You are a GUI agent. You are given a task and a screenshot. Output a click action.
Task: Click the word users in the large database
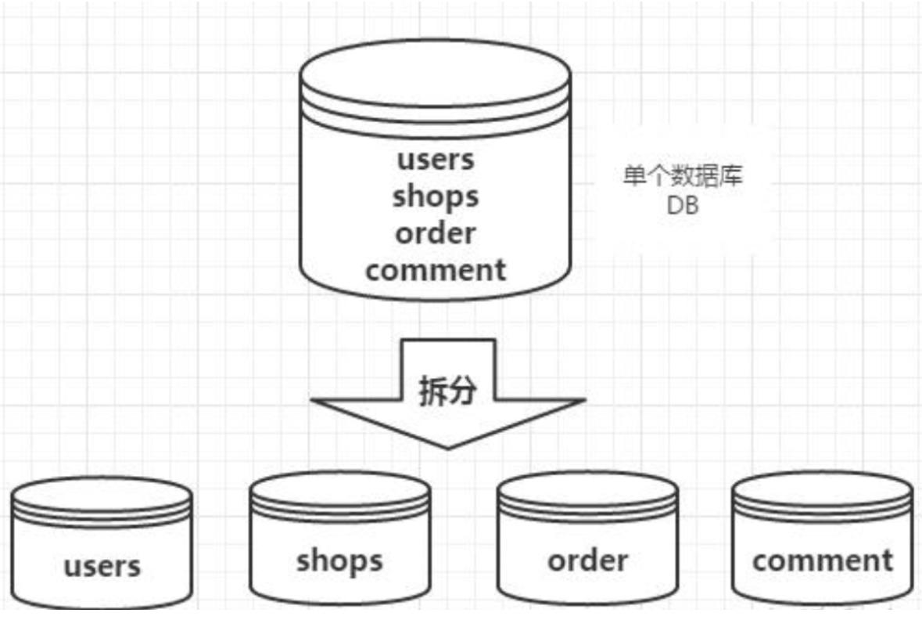436,160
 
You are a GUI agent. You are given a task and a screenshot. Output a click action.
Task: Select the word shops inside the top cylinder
435,196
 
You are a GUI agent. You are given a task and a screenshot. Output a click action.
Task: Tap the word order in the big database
435,233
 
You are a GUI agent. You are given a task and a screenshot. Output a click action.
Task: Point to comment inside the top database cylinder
436,270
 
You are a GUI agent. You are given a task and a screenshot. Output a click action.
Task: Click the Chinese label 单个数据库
683,175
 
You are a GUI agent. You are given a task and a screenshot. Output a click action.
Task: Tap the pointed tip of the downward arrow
447,447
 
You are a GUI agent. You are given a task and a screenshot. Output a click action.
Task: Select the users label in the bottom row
102,565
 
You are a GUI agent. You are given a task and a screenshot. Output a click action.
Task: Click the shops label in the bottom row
339,560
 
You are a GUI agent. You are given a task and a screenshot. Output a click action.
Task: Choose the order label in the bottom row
587,560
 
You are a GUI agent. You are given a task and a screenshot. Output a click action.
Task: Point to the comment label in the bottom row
822,560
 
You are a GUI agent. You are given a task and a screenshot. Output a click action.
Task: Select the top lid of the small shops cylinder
339,488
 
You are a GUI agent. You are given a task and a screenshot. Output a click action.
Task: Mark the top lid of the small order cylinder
587,488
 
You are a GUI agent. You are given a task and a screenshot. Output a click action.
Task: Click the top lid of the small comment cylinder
822,488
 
